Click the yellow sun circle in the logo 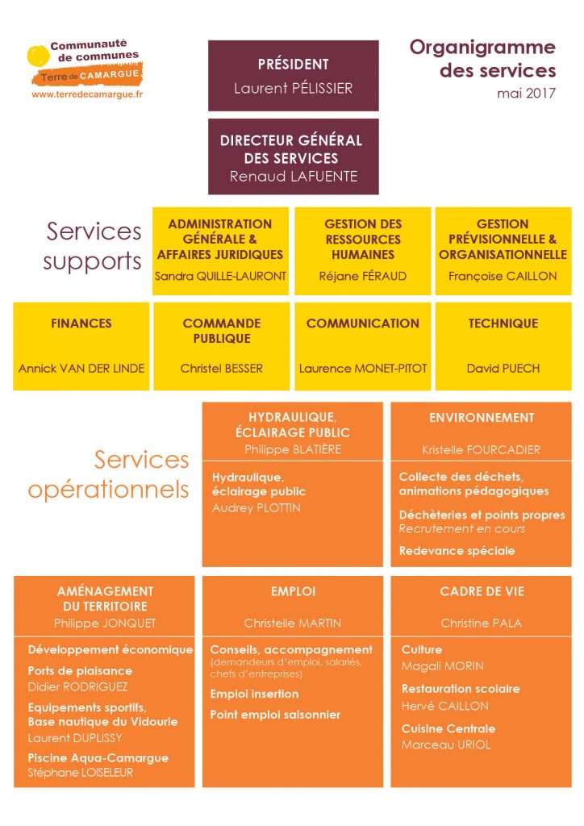pyautogui.click(x=38, y=56)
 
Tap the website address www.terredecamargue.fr pyautogui.click(x=87, y=95)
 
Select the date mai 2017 pyautogui.click(x=526, y=94)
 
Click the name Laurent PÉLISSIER pyautogui.click(x=294, y=88)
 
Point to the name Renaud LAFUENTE pyautogui.click(x=294, y=177)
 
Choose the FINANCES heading pyautogui.click(x=81, y=323)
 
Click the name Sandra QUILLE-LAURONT pyautogui.click(x=221, y=276)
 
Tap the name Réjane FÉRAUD pyautogui.click(x=363, y=276)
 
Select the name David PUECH pyautogui.click(x=503, y=368)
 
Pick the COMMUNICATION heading pyautogui.click(x=363, y=323)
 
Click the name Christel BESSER pyautogui.click(x=221, y=368)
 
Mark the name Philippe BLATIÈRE pyautogui.click(x=293, y=449)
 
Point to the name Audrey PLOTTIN pyautogui.click(x=257, y=508)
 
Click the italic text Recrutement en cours pyautogui.click(x=462, y=529)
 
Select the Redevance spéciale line pyautogui.click(x=457, y=551)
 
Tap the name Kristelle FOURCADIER pyautogui.click(x=481, y=450)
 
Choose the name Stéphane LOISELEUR pyautogui.click(x=81, y=773)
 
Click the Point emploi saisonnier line pyautogui.click(x=275, y=715)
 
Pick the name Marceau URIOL pyautogui.click(x=446, y=745)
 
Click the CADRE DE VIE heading pyautogui.click(x=482, y=591)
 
